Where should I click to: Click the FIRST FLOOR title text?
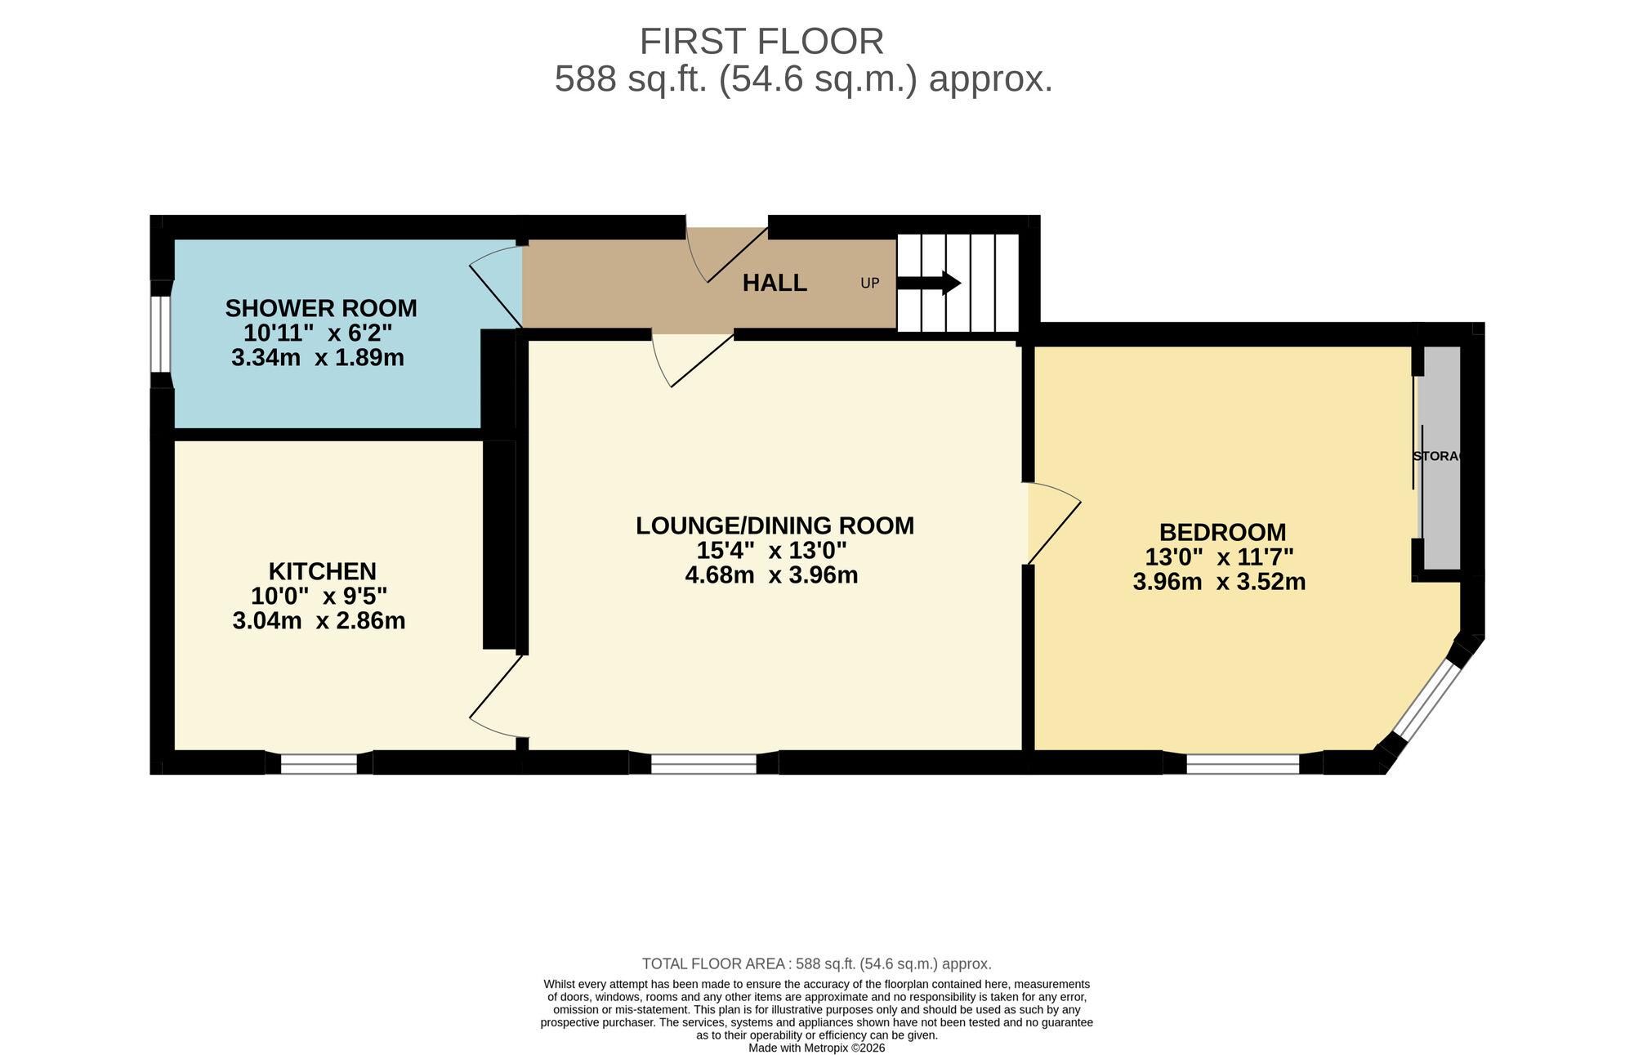[x=761, y=41]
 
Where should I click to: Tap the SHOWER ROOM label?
[x=321, y=308]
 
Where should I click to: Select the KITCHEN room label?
[x=322, y=570]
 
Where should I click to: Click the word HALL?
[x=775, y=283]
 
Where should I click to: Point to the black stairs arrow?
[x=929, y=283]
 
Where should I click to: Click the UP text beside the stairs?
[x=869, y=283]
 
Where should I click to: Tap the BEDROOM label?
[x=1222, y=532]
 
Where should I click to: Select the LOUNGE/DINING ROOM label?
[x=775, y=525]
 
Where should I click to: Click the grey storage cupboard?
[x=1442, y=458]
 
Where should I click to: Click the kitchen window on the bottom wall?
[x=319, y=763]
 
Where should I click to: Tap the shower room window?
[x=162, y=334]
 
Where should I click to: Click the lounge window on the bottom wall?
[x=703, y=763]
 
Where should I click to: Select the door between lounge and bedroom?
[x=1052, y=523]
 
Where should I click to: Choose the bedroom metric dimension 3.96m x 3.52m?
[x=1219, y=582]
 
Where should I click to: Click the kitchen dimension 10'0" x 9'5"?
[x=319, y=596]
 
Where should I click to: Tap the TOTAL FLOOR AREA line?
[x=816, y=963]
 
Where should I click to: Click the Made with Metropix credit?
[x=816, y=1048]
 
